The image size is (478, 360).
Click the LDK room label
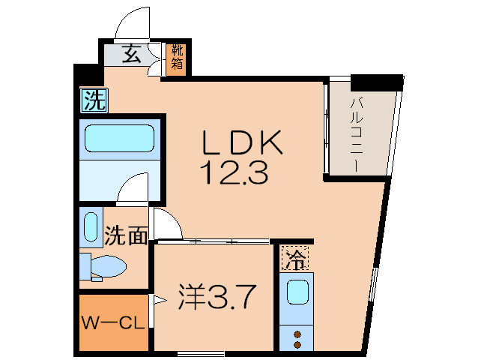[x=241, y=142]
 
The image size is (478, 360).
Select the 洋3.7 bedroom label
[x=219, y=298]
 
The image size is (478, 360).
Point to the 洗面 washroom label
[x=125, y=236]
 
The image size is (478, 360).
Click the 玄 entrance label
[x=131, y=54]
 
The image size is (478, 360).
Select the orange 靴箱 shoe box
[x=177, y=58]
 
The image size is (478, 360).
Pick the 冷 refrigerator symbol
[x=295, y=259]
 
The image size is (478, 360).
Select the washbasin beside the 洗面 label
[x=91, y=228]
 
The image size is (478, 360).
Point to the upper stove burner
[x=297, y=334]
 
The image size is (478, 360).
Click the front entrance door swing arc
[x=135, y=22]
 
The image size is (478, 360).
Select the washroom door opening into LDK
[x=166, y=223]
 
